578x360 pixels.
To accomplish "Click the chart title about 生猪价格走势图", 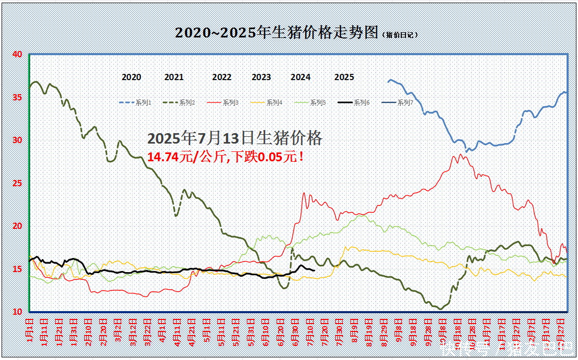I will [276, 33].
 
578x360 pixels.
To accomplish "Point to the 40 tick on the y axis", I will [17, 54].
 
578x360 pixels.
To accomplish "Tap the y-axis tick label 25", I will [17, 183].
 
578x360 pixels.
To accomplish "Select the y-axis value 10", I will [17, 312].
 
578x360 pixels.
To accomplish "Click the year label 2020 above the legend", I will [132, 77].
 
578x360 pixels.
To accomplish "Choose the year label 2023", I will [261, 77].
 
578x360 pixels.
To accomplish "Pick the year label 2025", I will [344, 77].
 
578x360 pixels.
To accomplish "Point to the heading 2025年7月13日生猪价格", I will [235, 138].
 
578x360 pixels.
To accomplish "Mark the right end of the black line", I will [313, 270].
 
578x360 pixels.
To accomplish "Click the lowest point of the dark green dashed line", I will [441, 309].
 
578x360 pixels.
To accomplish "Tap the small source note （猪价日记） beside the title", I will [400, 35].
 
